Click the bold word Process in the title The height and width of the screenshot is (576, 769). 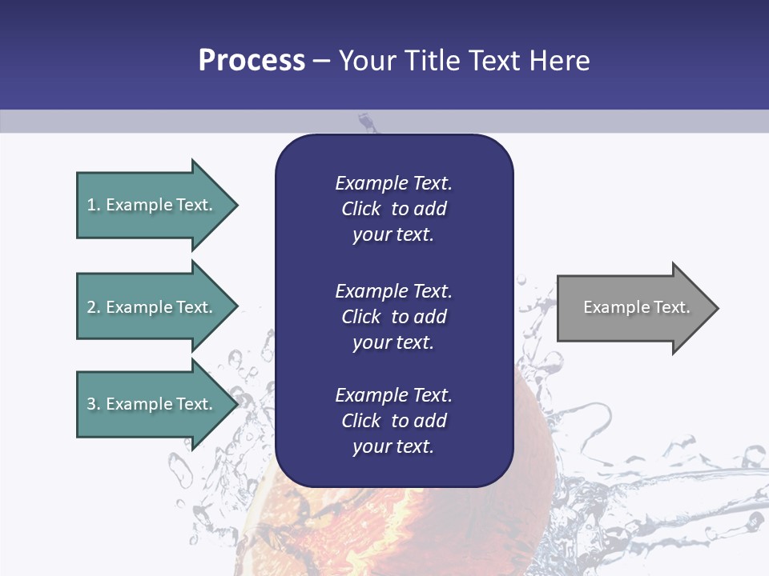pos(252,60)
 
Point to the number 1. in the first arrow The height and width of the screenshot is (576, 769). pos(94,205)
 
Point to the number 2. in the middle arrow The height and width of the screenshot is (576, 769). pos(94,307)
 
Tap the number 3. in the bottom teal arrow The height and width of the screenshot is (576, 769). pos(94,404)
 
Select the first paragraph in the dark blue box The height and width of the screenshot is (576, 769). pos(393,209)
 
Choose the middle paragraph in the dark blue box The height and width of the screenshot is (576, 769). pos(393,317)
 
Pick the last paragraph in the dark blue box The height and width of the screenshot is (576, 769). pos(393,421)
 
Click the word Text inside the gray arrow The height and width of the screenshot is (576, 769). pos(672,307)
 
